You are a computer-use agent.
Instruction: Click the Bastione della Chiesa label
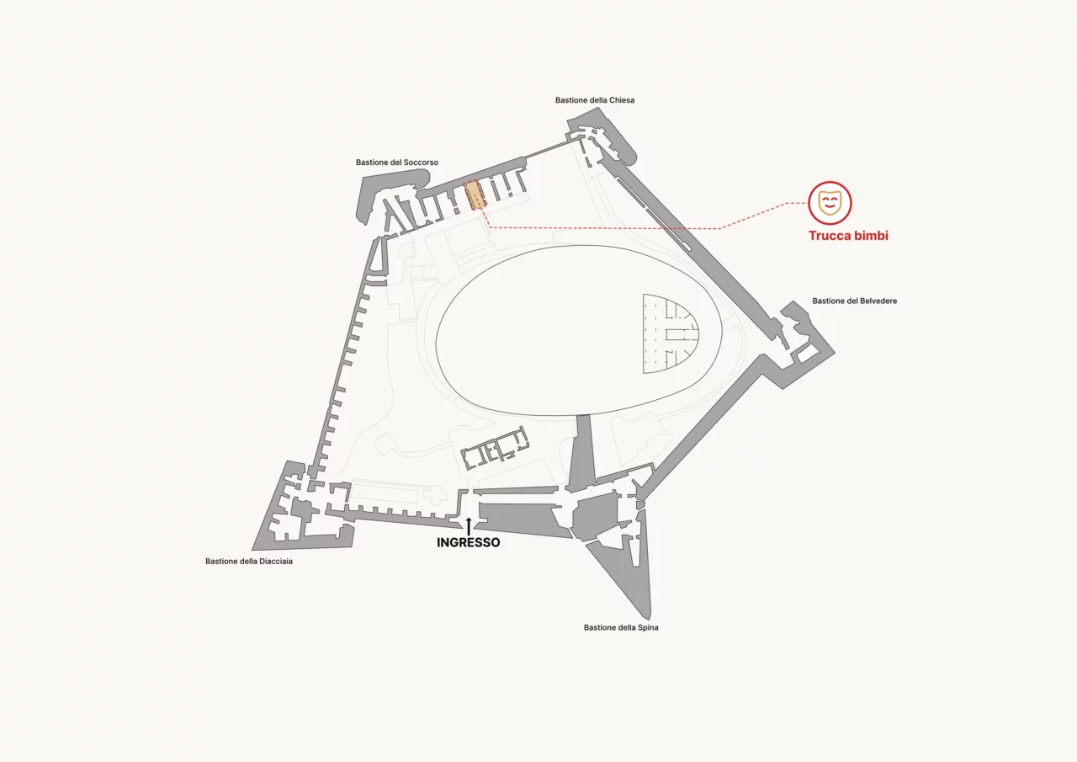coord(595,100)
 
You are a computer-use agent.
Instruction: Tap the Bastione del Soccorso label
coord(397,163)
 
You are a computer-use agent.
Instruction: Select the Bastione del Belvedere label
coord(854,301)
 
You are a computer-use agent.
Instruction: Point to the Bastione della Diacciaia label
coord(248,562)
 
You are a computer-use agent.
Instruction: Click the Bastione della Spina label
coord(621,628)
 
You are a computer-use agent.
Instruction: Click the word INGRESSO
coord(469,542)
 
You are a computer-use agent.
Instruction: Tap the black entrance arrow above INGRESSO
coord(469,526)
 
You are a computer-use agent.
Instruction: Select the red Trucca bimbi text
coord(848,236)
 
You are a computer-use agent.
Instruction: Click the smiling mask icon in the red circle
coord(830,204)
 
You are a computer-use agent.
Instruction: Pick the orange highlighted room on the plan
coord(475,194)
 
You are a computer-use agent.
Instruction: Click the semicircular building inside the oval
coord(671,334)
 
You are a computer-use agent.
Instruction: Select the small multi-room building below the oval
coord(495,447)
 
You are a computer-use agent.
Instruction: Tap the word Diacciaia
coord(276,562)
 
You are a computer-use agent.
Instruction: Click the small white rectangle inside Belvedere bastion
coord(809,354)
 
